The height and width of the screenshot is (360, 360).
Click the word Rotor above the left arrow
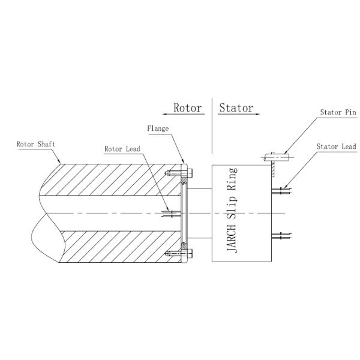tap(187, 108)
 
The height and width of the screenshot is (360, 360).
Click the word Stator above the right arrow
tap(236, 108)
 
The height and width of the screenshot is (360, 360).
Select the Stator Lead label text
tap(336, 146)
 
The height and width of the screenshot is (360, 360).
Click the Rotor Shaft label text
tap(37, 144)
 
